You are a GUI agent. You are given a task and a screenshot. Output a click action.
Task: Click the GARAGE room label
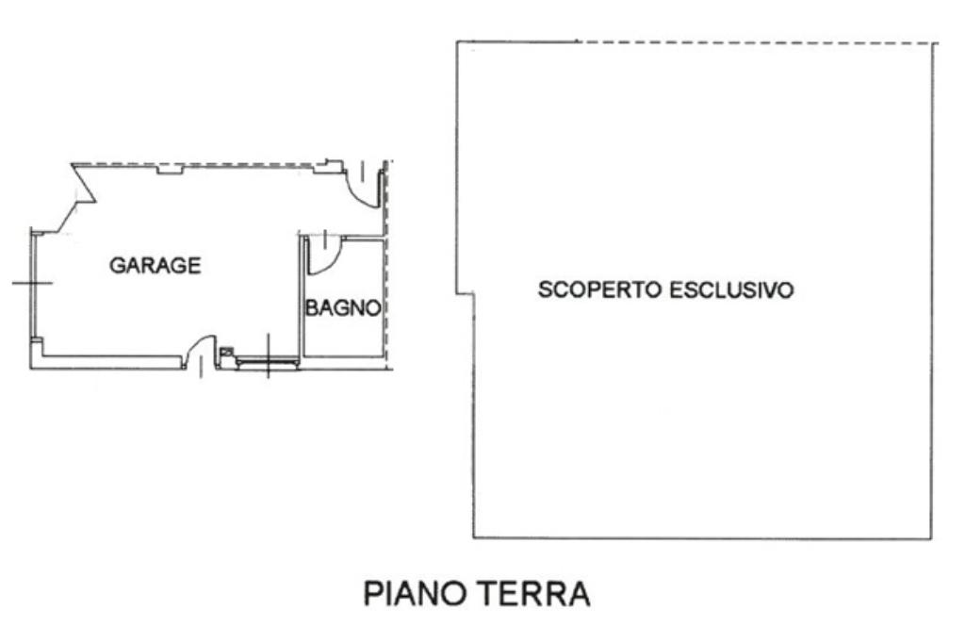(155, 266)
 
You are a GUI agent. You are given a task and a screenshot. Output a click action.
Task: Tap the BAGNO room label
(343, 307)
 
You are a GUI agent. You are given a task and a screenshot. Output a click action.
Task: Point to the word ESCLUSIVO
(731, 289)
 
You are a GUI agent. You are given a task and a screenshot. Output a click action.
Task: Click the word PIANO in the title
(414, 594)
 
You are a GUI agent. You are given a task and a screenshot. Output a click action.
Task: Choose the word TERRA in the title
(533, 594)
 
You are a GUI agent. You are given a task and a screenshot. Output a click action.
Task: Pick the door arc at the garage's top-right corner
(360, 192)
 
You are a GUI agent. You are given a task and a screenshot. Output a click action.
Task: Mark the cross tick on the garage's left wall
(32, 283)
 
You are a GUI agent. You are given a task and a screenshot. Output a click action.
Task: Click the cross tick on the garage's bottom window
(268, 356)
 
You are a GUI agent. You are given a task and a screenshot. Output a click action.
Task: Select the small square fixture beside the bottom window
(227, 353)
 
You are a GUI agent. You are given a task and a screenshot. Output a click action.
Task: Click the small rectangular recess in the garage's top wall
(170, 170)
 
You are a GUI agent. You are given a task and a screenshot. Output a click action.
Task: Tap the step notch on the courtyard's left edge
(465, 294)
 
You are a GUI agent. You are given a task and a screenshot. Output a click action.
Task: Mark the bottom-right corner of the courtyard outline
(931, 539)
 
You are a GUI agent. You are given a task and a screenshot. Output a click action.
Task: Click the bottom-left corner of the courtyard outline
(473, 538)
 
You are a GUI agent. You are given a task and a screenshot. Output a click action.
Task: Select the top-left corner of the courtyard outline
(457, 41)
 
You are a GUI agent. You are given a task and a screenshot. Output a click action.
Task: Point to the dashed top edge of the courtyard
(757, 42)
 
